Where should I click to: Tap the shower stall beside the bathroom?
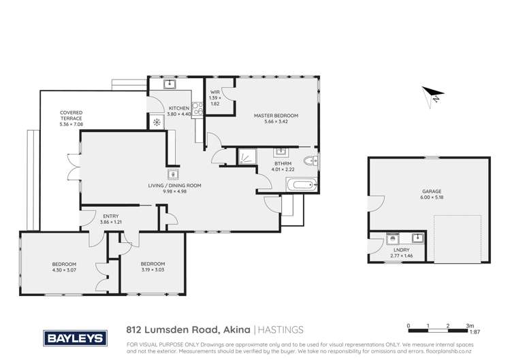coord(246,157)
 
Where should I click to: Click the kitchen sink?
coord(171,85)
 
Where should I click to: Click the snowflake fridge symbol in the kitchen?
coord(157,122)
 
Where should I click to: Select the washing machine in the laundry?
coord(392,239)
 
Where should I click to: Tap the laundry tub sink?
coord(416,239)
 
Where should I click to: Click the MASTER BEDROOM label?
coord(276,116)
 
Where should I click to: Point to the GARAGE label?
coord(428,193)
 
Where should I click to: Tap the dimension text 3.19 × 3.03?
coord(153,269)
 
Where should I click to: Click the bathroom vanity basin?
coord(281,152)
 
